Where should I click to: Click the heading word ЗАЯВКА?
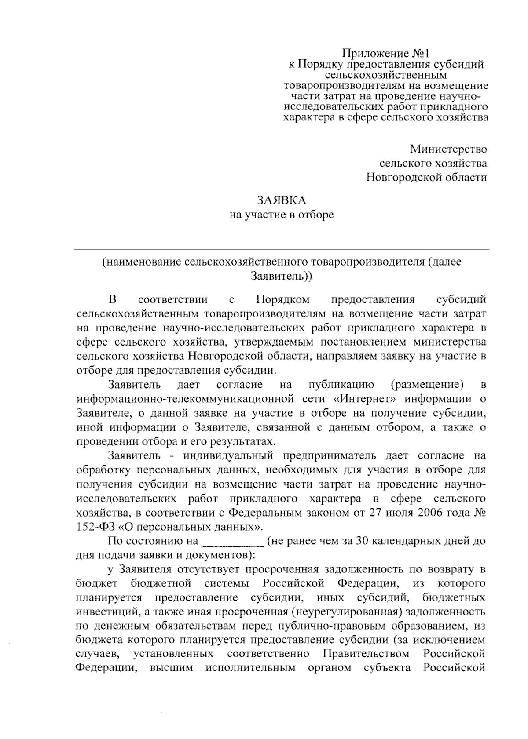click(x=281, y=200)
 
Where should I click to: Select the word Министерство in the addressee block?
click(x=449, y=149)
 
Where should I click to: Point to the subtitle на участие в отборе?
click(x=281, y=215)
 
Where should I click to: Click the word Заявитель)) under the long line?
click(x=281, y=277)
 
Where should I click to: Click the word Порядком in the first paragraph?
click(x=282, y=300)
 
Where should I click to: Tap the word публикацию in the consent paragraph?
click(x=341, y=385)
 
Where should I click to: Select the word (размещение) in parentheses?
click(x=427, y=385)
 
